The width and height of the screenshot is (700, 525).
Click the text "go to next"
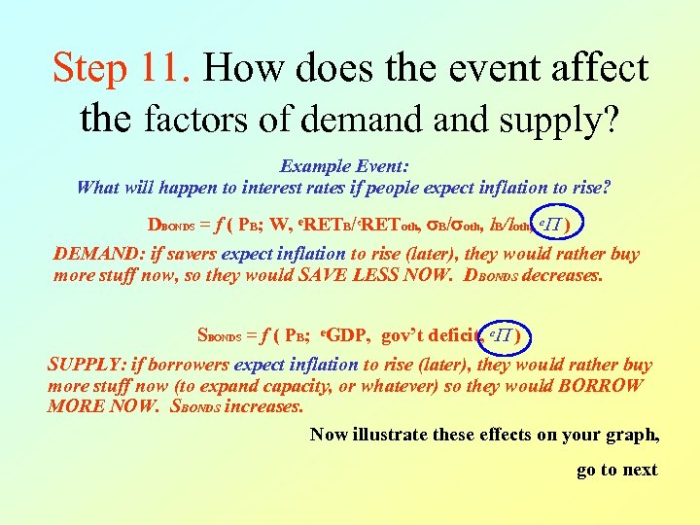(616, 470)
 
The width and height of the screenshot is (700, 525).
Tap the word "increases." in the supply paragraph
(263, 406)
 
